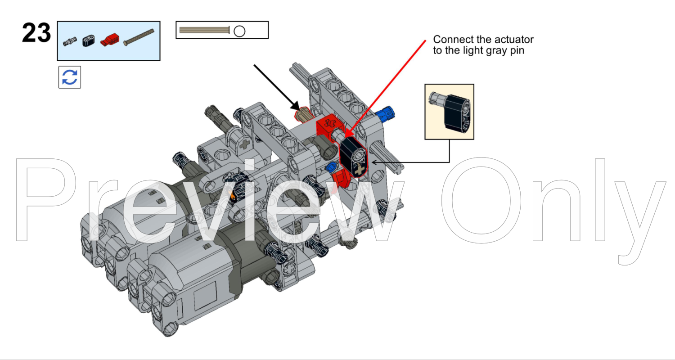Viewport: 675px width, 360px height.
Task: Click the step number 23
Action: tap(36, 33)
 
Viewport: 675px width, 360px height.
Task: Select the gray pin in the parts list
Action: tap(70, 42)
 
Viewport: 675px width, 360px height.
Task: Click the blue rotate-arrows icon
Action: tap(70, 77)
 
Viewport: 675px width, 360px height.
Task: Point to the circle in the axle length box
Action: tap(239, 31)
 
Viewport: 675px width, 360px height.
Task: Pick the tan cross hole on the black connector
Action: tap(360, 170)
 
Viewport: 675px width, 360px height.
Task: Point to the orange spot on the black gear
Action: tap(233, 195)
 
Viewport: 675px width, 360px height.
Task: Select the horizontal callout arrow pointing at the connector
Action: tap(409, 162)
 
